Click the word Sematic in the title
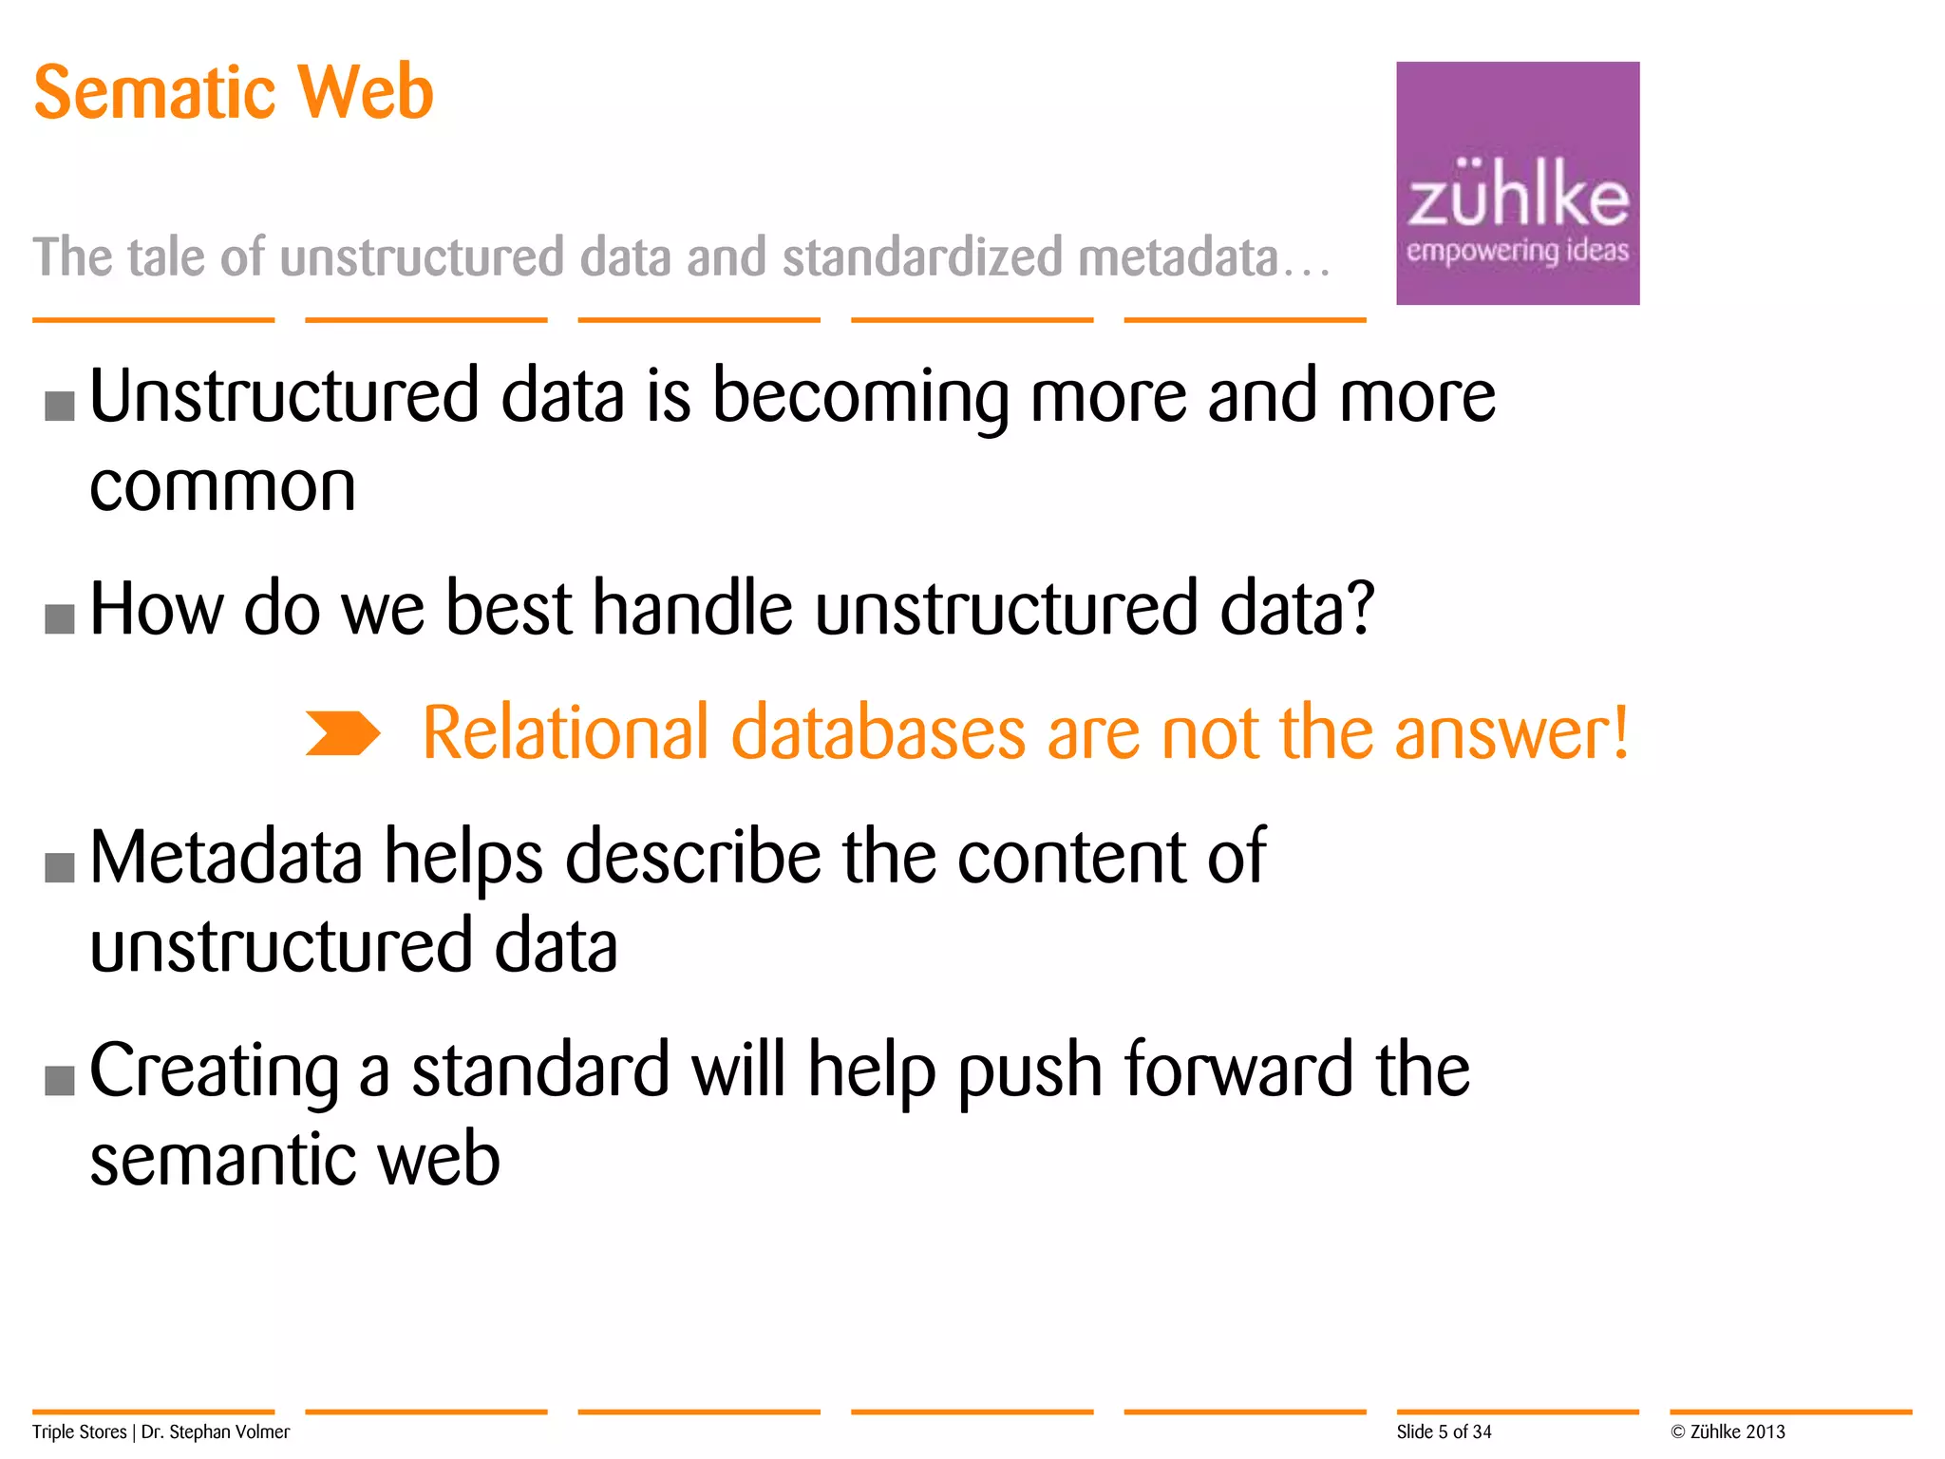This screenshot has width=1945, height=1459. coord(152,92)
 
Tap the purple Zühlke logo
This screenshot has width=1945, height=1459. coord(1517,183)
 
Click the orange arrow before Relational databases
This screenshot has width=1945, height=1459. coord(342,733)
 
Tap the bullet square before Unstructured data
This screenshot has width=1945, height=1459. coord(60,406)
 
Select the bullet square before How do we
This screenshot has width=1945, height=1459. coord(60,618)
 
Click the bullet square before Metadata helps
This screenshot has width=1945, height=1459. coord(60,867)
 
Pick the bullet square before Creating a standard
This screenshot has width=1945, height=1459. coord(60,1080)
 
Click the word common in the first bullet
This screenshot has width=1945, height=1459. coord(222,487)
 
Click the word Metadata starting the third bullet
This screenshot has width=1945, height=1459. coord(226,857)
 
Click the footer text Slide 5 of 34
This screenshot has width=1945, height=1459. coord(1444,1431)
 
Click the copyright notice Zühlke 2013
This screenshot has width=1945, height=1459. coord(1728,1431)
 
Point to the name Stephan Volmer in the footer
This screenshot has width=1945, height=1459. coord(229,1431)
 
